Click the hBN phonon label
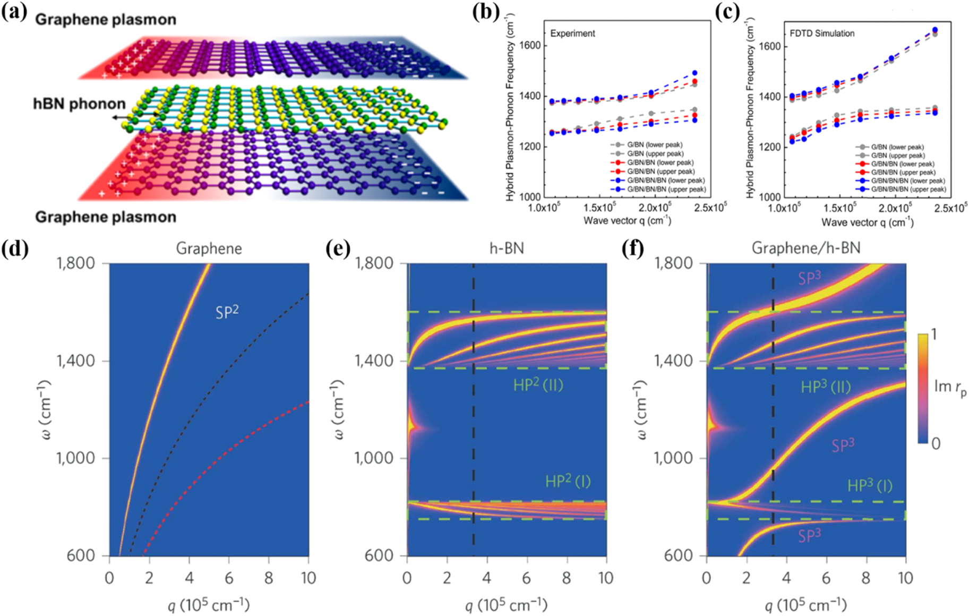[79, 104]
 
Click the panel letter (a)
[14, 12]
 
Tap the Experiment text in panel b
[572, 33]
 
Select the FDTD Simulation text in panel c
[822, 33]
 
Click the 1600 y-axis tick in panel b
[530, 46]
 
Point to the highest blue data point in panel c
[935, 30]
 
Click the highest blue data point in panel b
[694, 73]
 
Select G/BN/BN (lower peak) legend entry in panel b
[660, 162]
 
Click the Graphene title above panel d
[209, 249]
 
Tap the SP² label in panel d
[227, 312]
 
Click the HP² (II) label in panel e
[538, 385]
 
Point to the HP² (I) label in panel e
[568, 482]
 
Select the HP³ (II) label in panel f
[826, 387]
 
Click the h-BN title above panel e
[507, 249]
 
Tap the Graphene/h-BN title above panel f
[805, 249]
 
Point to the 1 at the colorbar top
[934, 334]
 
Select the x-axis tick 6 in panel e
[526, 578]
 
